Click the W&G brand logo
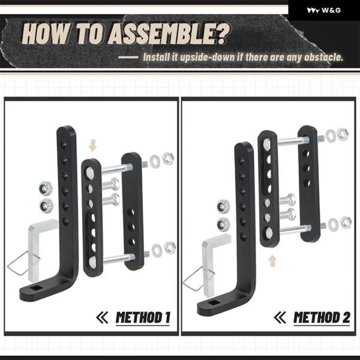(x=324, y=10)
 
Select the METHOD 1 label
(x=143, y=318)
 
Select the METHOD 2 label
(x=322, y=318)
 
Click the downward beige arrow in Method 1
(x=92, y=145)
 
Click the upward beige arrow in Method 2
(x=272, y=261)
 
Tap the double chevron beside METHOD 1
(x=102, y=317)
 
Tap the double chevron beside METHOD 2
(x=280, y=317)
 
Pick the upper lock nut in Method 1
(x=46, y=188)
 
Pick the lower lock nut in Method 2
(x=223, y=224)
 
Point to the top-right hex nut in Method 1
(x=168, y=158)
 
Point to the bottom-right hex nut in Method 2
(x=346, y=222)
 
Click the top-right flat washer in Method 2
(x=331, y=136)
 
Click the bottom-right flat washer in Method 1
(x=157, y=250)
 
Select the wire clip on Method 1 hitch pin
(x=23, y=263)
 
